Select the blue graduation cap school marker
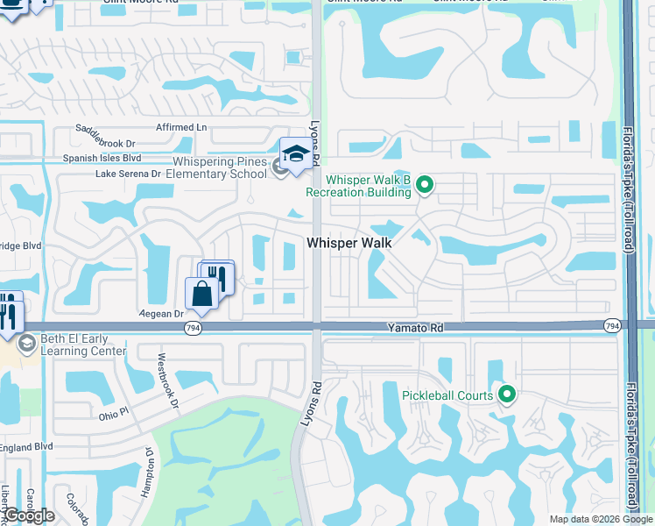click(296, 155)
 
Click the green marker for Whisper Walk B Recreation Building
click(425, 184)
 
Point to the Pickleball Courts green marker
click(506, 394)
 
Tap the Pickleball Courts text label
click(447, 395)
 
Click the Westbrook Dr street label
click(168, 382)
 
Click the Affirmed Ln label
click(180, 128)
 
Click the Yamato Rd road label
click(416, 327)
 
